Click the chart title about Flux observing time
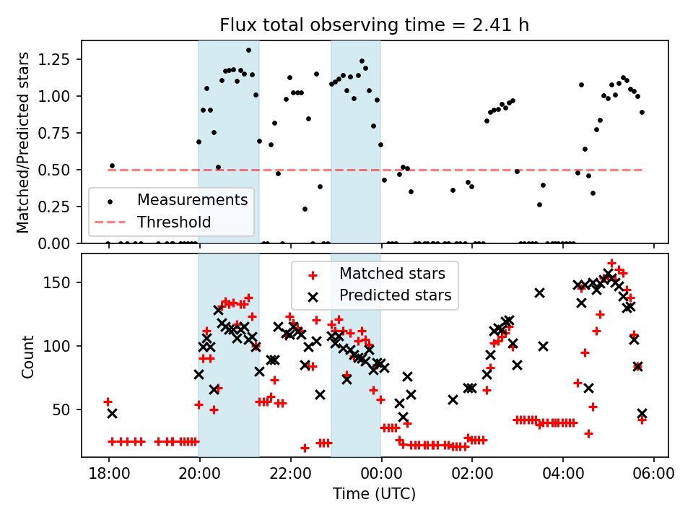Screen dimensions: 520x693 pos(375,25)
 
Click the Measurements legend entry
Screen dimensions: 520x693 pos(193,199)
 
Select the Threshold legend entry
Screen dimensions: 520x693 pos(174,222)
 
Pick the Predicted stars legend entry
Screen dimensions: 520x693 pos(396,295)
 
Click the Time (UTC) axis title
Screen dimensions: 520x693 pos(374,494)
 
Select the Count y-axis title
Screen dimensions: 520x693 pos(28,356)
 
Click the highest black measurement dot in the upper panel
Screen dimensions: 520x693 pos(248,51)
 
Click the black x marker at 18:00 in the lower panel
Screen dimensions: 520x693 pos(112,413)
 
